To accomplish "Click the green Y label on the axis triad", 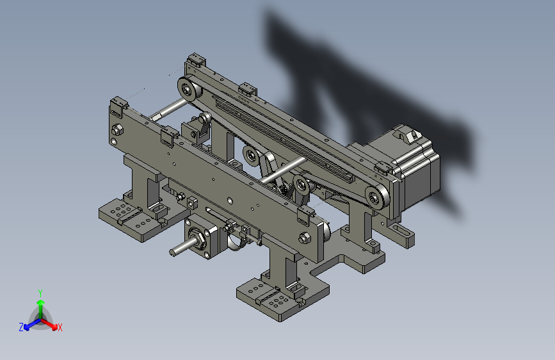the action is tap(40, 293).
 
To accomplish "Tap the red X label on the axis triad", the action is tap(60, 327).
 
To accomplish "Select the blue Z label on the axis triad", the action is tap(21, 327).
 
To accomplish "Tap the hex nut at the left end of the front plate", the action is tap(117, 130).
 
